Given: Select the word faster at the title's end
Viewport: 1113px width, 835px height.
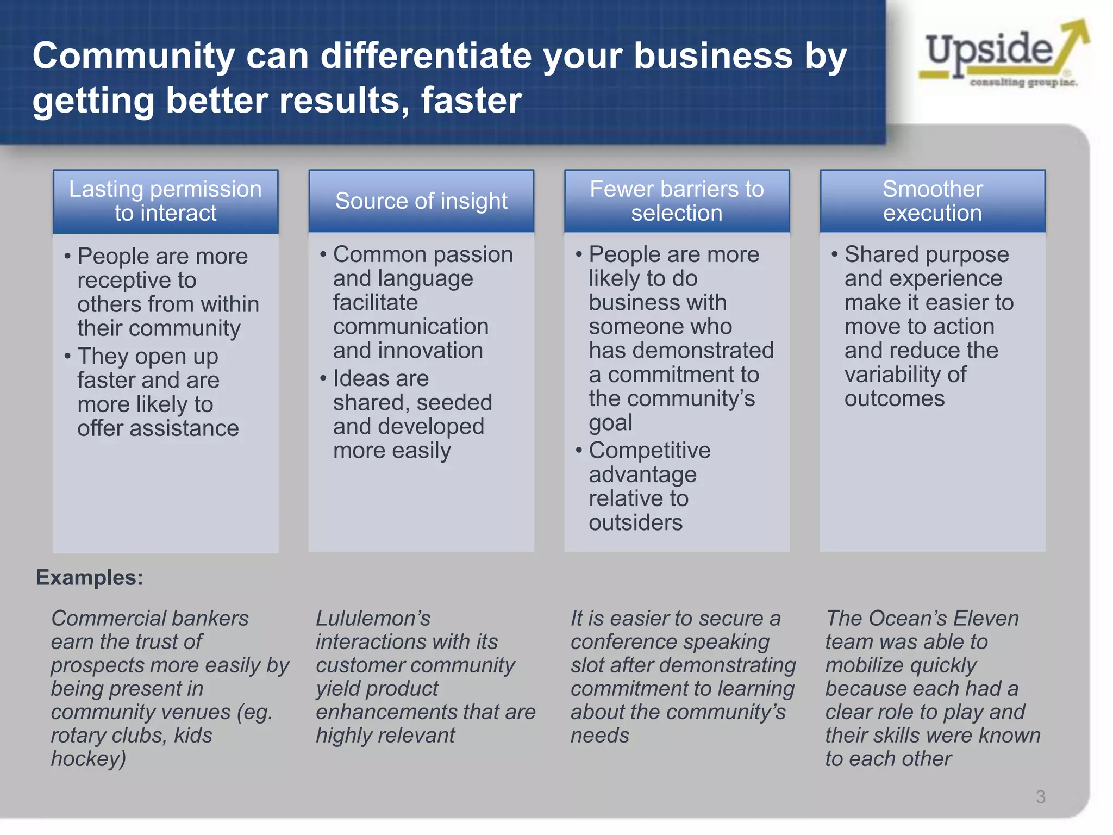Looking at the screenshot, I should (x=471, y=101).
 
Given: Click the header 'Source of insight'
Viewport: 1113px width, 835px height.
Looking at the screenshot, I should (x=421, y=201).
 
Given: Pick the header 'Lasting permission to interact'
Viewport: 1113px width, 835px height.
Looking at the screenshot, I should (x=165, y=201).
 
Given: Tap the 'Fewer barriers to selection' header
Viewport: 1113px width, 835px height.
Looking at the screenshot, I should (x=677, y=201).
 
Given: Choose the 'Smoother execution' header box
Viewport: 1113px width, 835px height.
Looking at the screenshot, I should (x=932, y=201).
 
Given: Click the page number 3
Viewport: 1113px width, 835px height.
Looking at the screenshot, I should (x=1040, y=797).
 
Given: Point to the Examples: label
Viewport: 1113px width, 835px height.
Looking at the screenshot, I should (x=90, y=577).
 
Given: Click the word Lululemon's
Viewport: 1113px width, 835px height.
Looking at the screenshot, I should (x=373, y=619).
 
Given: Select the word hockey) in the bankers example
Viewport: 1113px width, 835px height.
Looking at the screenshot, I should (x=89, y=759).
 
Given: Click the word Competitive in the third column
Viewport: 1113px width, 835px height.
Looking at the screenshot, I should (x=649, y=451).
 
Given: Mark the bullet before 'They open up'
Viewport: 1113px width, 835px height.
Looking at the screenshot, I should (x=67, y=357).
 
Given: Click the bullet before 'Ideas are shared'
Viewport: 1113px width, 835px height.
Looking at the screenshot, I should (x=323, y=378).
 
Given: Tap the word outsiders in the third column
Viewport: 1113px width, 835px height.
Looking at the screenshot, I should (x=635, y=523).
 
